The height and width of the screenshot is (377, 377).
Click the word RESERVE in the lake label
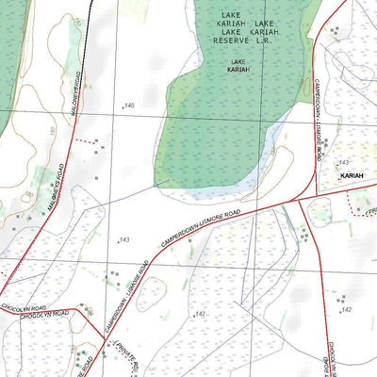coord(229,41)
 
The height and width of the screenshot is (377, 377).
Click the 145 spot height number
coord(129,106)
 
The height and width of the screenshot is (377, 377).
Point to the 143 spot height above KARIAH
coord(344,163)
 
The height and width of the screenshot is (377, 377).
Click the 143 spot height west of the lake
coord(123,240)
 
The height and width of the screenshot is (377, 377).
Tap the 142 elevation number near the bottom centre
coord(201,314)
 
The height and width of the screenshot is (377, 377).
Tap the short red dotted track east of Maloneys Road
coord(86,141)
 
